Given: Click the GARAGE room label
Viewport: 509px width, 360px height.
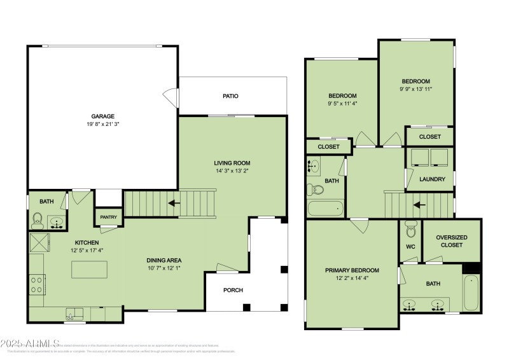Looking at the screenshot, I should click(102, 116).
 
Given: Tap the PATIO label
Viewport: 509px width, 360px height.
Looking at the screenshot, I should click(230, 96).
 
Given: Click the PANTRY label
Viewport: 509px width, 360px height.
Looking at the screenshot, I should click(108, 218).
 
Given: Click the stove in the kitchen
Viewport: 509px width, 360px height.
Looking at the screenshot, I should click(37, 284).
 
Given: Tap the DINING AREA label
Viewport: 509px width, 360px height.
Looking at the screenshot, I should click(165, 260).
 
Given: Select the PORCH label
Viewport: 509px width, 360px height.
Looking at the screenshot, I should click(232, 290).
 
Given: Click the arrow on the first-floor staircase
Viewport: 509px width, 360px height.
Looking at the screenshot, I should click(172, 204).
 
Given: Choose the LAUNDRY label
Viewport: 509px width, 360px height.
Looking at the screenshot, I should click(432, 179).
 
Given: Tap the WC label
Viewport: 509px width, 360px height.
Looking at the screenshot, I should click(410, 246).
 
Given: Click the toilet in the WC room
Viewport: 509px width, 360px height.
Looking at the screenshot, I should click(410, 228).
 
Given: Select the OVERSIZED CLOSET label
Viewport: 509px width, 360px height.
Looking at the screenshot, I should click(452, 241).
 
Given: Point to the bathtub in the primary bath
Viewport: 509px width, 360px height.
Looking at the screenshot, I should click(471, 293).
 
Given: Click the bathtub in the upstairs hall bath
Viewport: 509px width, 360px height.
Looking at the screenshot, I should click(325, 208).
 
